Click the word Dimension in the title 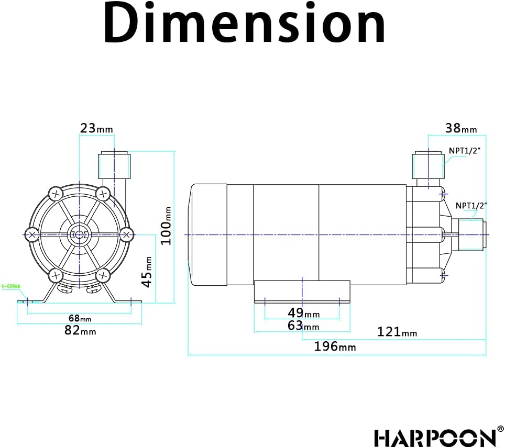(x=244, y=24)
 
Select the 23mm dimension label (x=96, y=128)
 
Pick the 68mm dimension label (x=80, y=318)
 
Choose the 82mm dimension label (x=80, y=331)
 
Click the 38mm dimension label (x=461, y=128)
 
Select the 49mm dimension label (x=303, y=313)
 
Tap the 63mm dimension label (x=303, y=326)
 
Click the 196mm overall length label (x=335, y=346)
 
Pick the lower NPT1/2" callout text (x=470, y=206)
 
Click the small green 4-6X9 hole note (x=10, y=286)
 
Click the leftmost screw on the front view (x=32, y=234)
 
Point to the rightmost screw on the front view (x=126, y=234)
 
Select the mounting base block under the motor (x=302, y=291)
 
